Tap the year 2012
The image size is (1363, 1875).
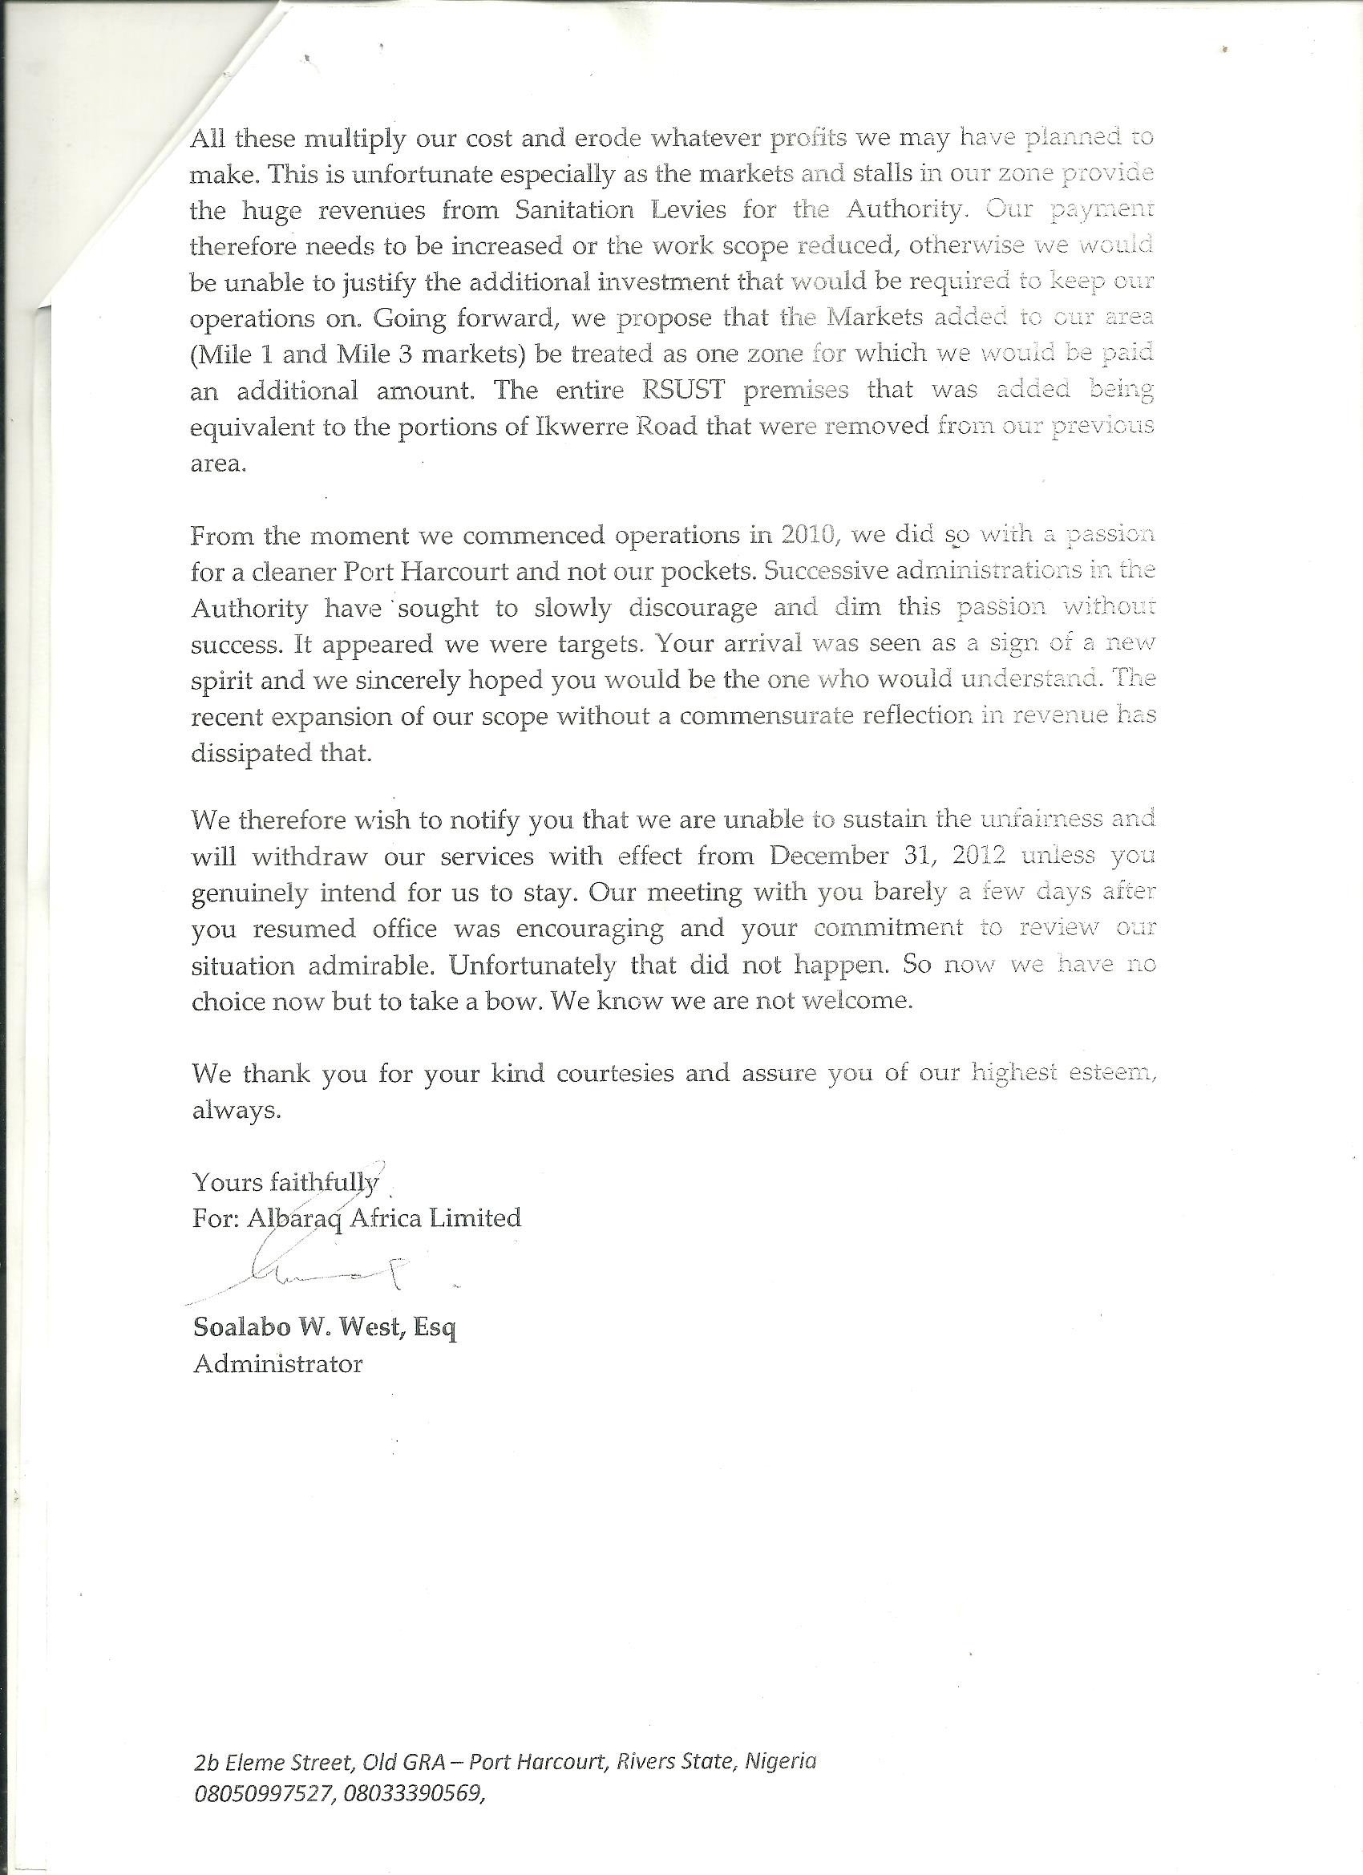click(979, 856)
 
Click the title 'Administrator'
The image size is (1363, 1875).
click(277, 1364)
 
